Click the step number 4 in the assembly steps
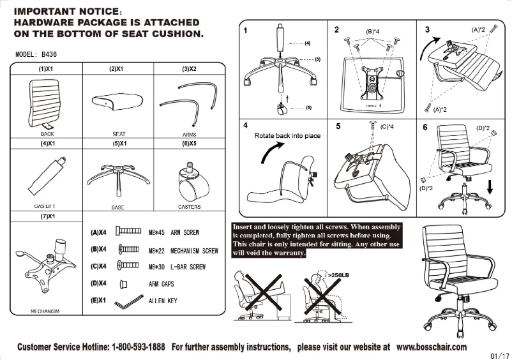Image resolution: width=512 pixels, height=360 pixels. click(x=246, y=125)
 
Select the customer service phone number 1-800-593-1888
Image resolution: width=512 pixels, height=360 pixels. click(x=139, y=347)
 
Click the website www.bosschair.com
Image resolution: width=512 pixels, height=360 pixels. click(x=431, y=347)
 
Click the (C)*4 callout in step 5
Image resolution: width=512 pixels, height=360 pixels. click(x=388, y=127)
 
